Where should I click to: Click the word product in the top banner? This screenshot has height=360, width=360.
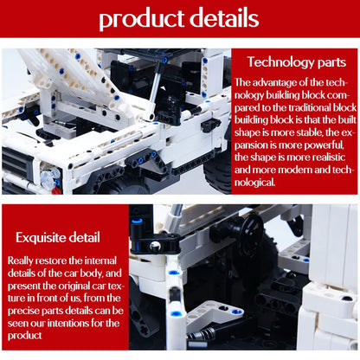pyautogui.click(x=142, y=19)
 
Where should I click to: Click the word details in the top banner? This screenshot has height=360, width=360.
pyautogui.click(x=224, y=17)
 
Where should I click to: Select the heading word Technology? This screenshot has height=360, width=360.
pyautogui.click(x=280, y=62)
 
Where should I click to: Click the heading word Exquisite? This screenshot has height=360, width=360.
pyautogui.click(x=40, y=238)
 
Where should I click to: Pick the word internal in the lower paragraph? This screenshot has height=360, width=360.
pyautogui.click(x=100, y=260)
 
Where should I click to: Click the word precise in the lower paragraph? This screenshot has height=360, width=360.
pyautogui.click(x=23, y=311)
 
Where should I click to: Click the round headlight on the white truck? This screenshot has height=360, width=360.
pyautogui.click(x=48, y=177)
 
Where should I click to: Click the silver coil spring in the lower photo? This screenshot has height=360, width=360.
pyautogui.click(x=202, y=335)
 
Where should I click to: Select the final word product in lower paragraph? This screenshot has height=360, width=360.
pyautogui.click(x=24, y=336)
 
